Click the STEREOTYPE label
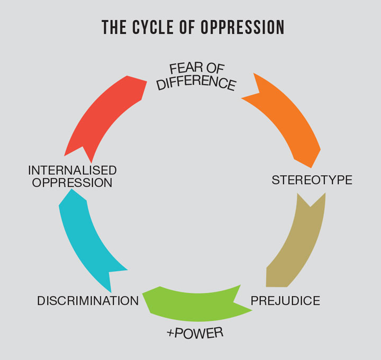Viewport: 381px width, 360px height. (312, 180)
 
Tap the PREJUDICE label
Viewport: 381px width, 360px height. (285, 301)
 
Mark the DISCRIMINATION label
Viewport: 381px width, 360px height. (88, 301)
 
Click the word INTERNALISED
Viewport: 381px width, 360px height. (72, 170)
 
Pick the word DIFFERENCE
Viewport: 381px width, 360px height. (196, 82)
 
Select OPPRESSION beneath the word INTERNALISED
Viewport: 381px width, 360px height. (72, 183)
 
